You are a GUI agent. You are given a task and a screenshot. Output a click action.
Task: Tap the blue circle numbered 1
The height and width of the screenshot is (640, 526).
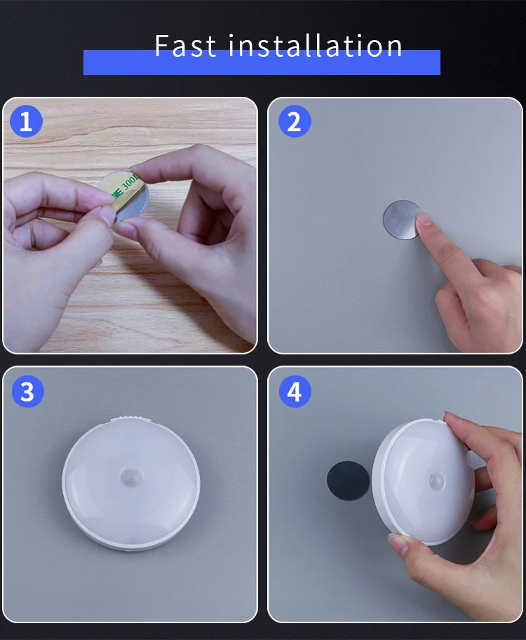[26, 121]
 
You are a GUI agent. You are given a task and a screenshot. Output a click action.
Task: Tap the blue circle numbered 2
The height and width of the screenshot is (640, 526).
[295, 121]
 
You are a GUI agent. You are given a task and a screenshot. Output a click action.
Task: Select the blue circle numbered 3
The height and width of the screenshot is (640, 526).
[28, 391]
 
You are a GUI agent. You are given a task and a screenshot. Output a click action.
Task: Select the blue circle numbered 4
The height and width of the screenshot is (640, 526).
[295, 391]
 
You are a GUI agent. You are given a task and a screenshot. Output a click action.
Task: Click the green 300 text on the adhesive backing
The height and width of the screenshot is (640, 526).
[130, 184]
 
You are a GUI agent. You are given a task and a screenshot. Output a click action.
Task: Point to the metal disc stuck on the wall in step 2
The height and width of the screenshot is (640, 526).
[402, 220]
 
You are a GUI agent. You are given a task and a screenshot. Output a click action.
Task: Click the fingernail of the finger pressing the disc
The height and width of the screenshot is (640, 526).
[424, 220]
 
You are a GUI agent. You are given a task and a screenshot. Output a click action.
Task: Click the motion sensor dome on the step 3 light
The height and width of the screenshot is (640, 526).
[130, 476]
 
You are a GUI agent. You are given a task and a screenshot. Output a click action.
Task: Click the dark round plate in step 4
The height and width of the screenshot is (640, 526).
[348, 481]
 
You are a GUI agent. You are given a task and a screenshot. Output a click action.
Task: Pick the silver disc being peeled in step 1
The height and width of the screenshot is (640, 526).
[123, 196]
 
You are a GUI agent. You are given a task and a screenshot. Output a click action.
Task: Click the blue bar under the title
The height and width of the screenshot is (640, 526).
[262, 62]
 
